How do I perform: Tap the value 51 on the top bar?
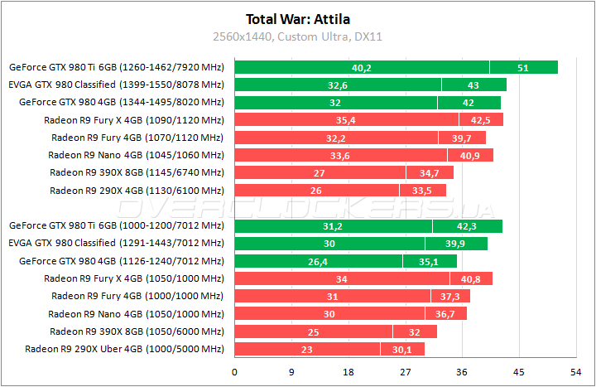pyautogui.click(x=522, y=67)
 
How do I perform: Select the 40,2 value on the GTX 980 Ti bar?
pyautogui.click(x=362, y=67)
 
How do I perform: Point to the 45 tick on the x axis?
pyautogui.click(x=519, y=371)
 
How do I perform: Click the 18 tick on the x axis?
pyautogui.click(x=348, y=371)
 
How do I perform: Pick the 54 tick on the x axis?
pyautogui.click(x=575, y=371)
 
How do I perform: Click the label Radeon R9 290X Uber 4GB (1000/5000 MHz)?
pyautogui.click(x=124, y=349)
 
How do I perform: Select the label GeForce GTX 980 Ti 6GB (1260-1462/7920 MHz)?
pyautogui.click(x=116, y=67)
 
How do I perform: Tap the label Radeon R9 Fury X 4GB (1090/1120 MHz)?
pyautogui.click(x=134, y=119)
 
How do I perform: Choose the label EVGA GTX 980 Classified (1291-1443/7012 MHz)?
pyautogui.click(x=116, y=243)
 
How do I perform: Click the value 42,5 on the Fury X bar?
pyautogui.click(x=480, y=119)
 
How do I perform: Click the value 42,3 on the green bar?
pyautogui.click(x=467, y=225)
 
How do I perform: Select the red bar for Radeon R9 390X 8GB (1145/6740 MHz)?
pyautogui.click(x=344, y=172)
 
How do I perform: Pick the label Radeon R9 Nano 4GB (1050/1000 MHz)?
pyautogui.click(x=136, y=313)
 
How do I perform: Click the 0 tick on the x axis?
pyautogui.click(x=235, y=371)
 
